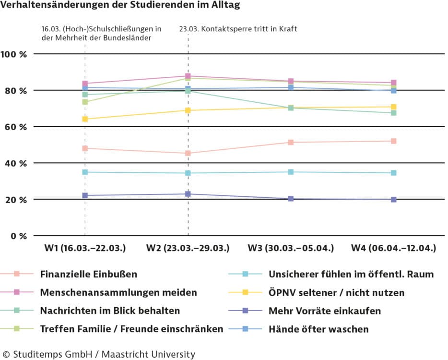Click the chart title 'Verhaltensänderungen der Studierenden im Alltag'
pyautogui.click(x=120, y=6)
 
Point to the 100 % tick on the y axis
pyautogui.click(x=14, y=54)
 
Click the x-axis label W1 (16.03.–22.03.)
pyautogui.click(x=85, y=248)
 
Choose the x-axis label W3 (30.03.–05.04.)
pyautogui.click(x=290, y=248)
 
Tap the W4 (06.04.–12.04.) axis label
pyautogui.click(x=393, y=248)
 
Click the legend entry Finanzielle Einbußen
pyautogui.click(x=89, y=275)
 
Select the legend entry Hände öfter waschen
pyautogui.click(x=318, y=329)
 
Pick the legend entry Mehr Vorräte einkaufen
pyautogui.click(x=325, y=311)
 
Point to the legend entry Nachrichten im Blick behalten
pyautogui.click(x=110, y=311)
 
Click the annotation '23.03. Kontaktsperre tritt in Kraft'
pyautogui.click(x=238, y=29)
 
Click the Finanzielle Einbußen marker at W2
pyautogui.click(x=188, y=154)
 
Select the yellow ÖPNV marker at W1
pyautogui.click(x=85, y=119)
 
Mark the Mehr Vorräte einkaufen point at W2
pyautogui.click(x=188, y=194)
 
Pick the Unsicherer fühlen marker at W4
pyautogui.click(x=393, y=173)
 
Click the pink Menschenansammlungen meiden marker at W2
pyautogui.click(x=188, y=76)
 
